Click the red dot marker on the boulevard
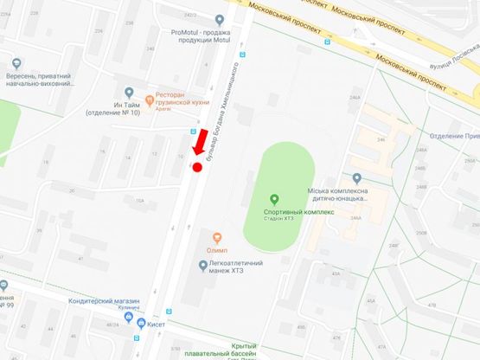196,167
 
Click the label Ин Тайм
103,102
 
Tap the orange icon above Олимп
216,237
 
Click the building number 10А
139,201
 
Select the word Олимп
216,250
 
